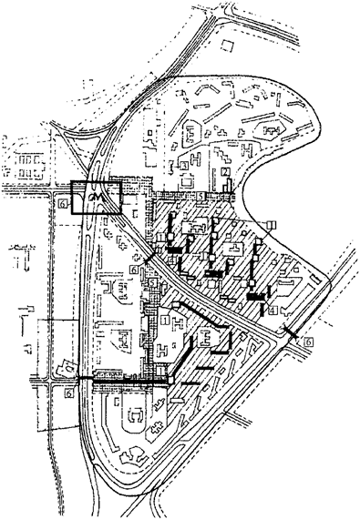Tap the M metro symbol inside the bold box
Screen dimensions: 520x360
98,196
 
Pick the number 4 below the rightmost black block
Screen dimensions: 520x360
273,311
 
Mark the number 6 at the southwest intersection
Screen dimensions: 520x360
70,393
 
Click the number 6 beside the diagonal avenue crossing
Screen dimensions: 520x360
135,270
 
